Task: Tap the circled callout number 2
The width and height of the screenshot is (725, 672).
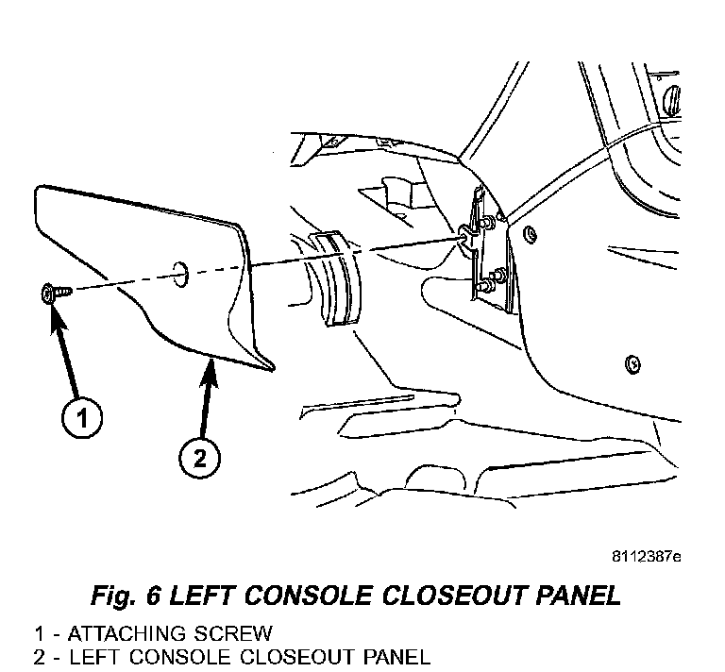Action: tap(199, 460)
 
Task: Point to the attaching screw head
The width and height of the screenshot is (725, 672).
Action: tap(49, 295)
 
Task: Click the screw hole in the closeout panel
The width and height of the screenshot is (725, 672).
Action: tap(179, 273)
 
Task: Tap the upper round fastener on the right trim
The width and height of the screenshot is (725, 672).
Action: tap(531, 233)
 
